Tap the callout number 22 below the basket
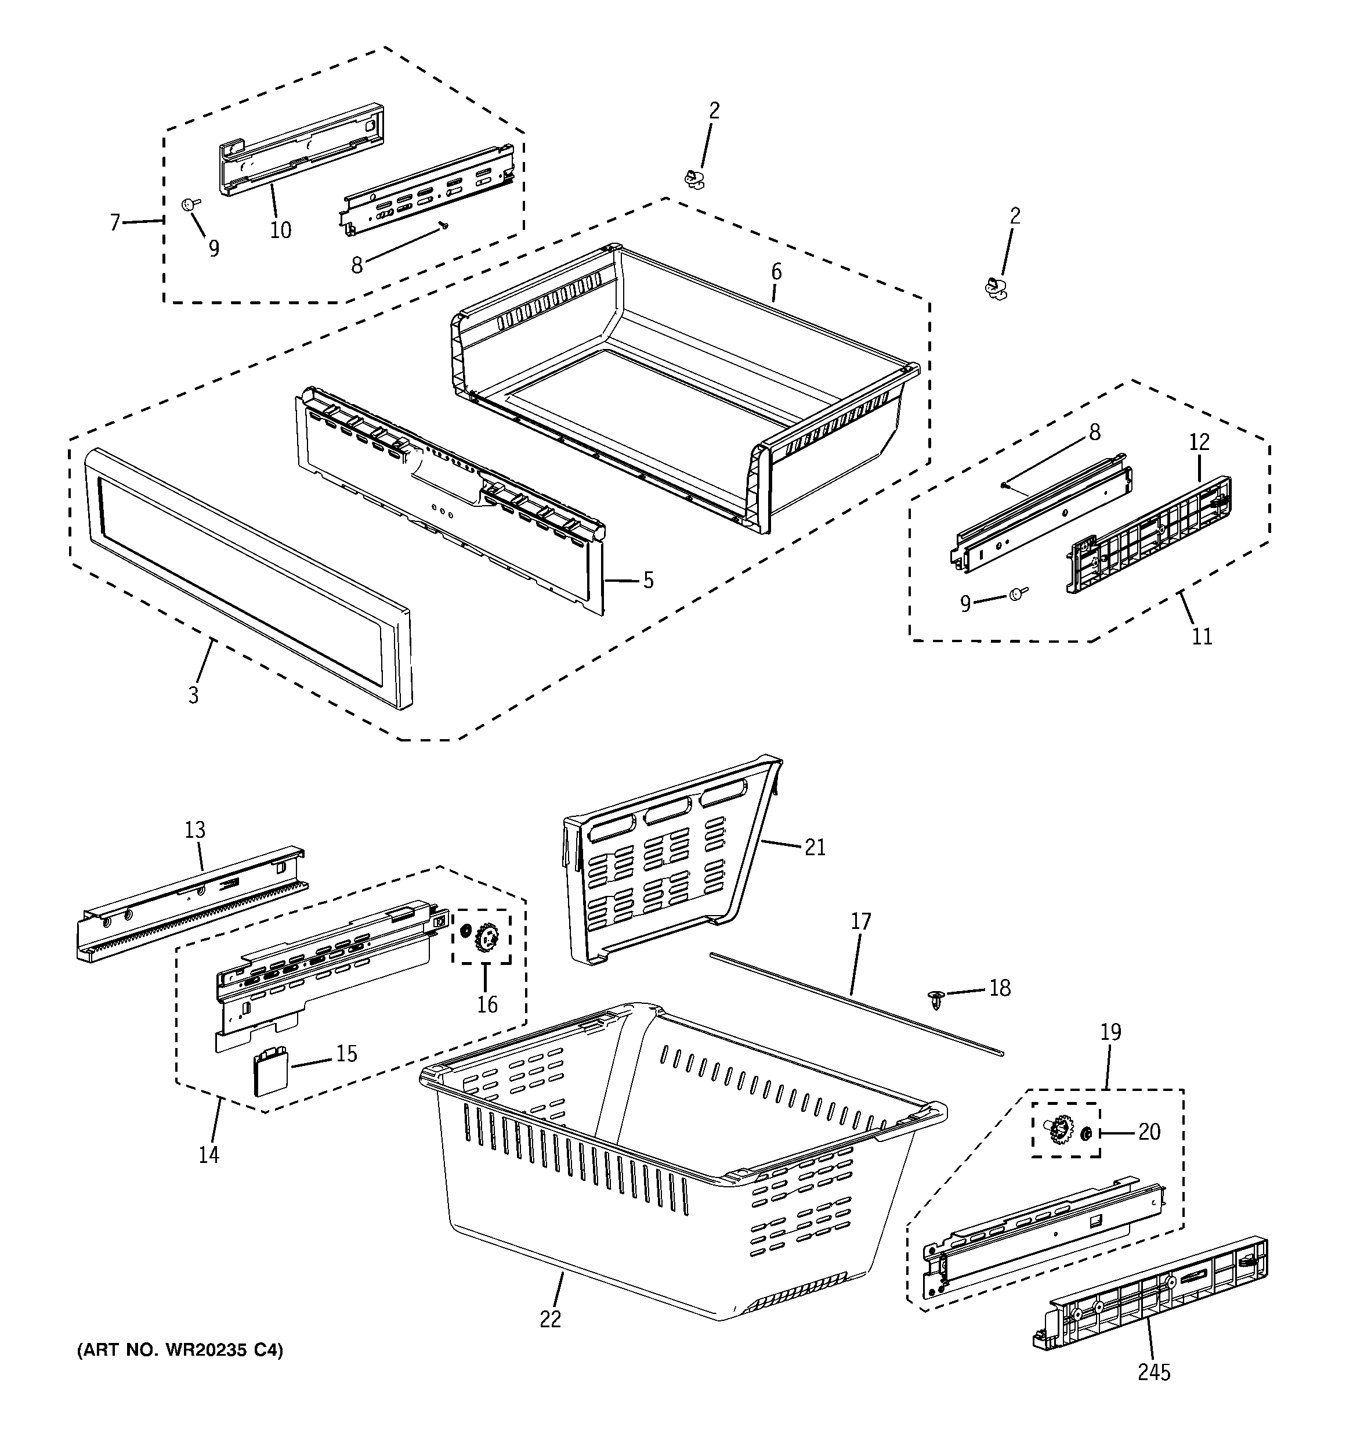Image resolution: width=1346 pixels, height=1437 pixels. [x=550, y=1319]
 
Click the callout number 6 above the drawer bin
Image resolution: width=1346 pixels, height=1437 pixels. [x=776, y=272]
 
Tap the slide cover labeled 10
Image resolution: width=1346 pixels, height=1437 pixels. [x=300, y=148]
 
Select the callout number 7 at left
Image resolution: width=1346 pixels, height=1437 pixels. [x=115, y=222]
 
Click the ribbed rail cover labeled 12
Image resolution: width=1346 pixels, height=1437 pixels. [x=1149, y=535]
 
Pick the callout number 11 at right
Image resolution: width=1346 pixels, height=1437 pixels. [x=1201, y=636]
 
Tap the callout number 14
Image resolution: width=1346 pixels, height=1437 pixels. [x=209, y=1154]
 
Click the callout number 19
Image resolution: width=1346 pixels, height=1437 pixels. [x=1110, y=1032]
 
